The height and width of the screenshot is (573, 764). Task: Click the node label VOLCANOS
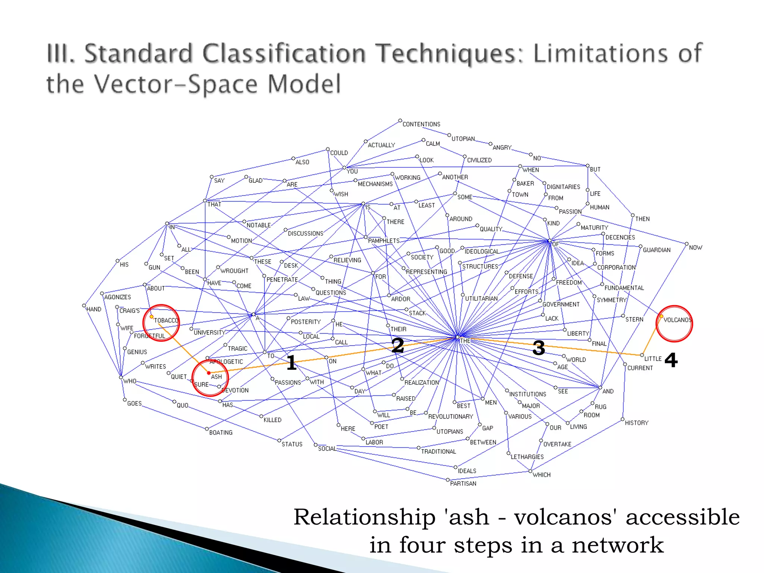[677, 320]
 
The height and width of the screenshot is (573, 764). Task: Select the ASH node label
[216, 377]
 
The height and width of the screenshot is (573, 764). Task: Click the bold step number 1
[291, 363]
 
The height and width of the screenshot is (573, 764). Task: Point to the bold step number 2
[398, 345]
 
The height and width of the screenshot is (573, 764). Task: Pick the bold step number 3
[539, 348]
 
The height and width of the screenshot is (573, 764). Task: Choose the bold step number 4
[671, 360]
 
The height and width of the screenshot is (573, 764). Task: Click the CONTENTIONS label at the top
[421, 124]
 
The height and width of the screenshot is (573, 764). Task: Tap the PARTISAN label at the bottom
[463, 483]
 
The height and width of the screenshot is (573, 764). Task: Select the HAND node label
[94, 309]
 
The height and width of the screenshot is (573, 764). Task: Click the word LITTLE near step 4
[653, 359]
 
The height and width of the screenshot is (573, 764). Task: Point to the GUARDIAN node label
[657, 250]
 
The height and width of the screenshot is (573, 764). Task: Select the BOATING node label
[221, 433]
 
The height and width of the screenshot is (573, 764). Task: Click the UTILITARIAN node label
[481, 299]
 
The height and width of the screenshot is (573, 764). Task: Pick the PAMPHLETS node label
[383, 241]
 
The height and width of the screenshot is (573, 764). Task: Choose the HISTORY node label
[636, 423]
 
